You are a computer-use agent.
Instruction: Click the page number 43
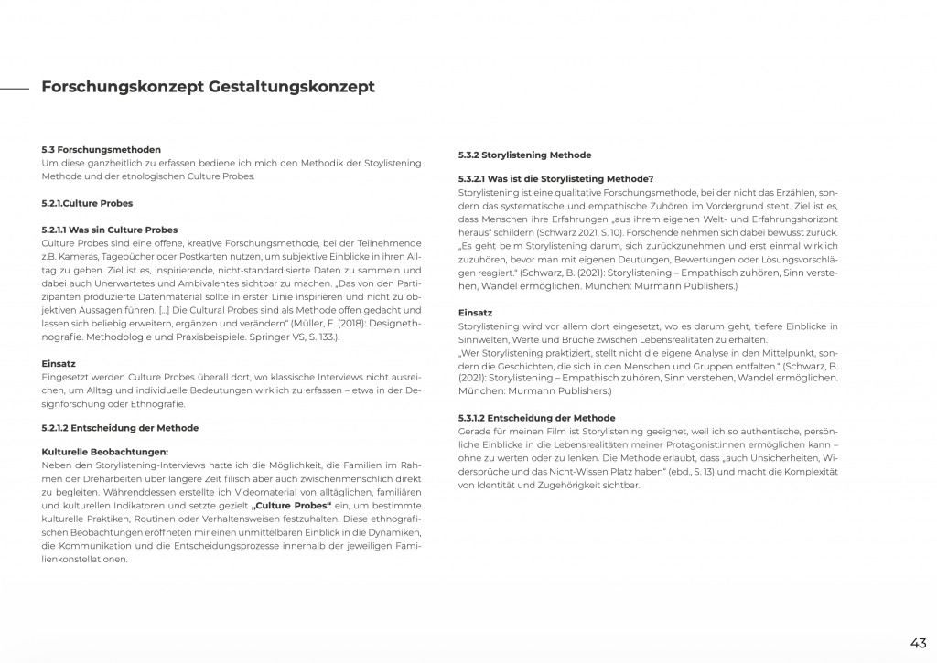click(918, 642)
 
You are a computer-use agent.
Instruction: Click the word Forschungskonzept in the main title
click(123, 88)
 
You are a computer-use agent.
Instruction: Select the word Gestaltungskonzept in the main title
click(292, 88)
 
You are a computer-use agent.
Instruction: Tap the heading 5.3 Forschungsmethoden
click(102, 149)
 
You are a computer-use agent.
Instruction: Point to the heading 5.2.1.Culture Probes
click(88, 203)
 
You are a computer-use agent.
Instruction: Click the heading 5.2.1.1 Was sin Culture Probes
click(110, 230)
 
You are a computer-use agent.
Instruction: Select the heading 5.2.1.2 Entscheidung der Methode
click(120, 427)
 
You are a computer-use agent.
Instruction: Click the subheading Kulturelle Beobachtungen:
click(105, 451)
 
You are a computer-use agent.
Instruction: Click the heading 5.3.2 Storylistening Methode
click(524, 155)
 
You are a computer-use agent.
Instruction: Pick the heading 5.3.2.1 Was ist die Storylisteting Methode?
click(555, 178)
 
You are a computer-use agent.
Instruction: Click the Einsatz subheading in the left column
click(59, 363)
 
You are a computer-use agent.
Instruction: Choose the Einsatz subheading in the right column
click(475, 313)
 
